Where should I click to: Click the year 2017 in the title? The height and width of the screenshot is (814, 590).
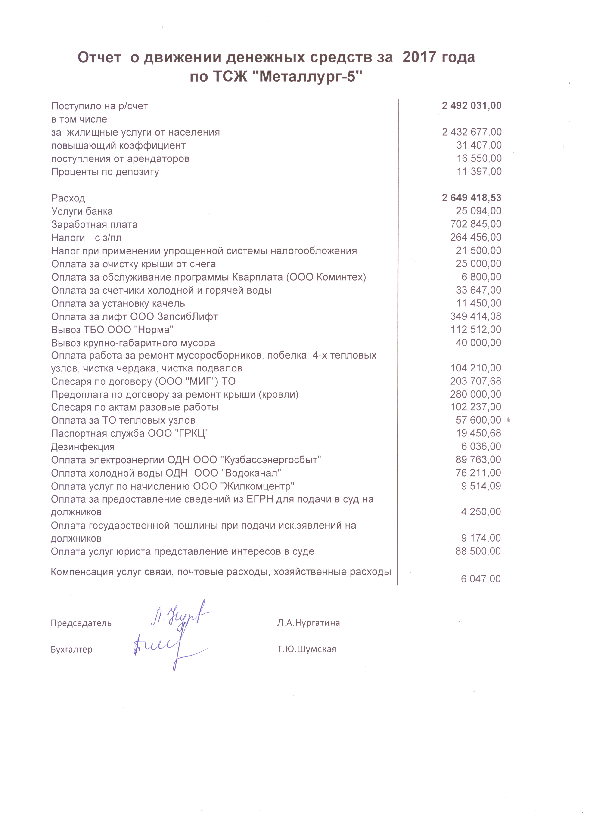tap(418, 57)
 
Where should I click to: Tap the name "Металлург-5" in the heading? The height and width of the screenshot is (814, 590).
tap(310, 76)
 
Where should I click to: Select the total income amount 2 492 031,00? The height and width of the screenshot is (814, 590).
tap(472, 106)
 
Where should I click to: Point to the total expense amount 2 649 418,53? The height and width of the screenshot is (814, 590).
tap(472, 198)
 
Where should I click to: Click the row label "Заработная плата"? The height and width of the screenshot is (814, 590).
tap(94, 225)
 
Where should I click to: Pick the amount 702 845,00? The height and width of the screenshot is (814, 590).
tap(476, 224)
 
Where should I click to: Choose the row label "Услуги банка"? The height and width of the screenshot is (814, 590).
tap(82, 211)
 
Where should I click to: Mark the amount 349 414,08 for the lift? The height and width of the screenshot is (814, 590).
tap(476, 316)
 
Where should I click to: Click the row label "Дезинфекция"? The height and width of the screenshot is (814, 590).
tap(83, 447)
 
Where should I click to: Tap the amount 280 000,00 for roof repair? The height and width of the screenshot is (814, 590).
tap(475, 394)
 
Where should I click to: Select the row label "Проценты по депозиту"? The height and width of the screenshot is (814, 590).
tap(105, 172)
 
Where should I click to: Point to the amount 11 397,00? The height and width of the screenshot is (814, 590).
tap(479, 172)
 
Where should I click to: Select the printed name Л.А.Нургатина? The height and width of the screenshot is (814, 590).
tap(308, 623)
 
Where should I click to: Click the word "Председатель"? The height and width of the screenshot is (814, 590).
tap(81, 623)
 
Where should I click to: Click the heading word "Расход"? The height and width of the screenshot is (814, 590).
tap(68, 198)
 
